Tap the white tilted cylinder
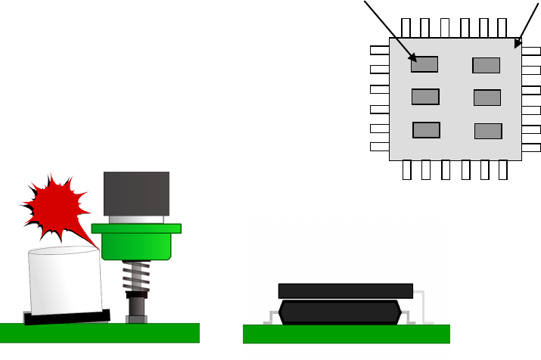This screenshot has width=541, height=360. point(65,280)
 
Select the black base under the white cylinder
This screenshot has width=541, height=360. point(67,316)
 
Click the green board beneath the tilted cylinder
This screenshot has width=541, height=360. point(99,334)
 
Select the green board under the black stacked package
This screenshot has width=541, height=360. point(346,334)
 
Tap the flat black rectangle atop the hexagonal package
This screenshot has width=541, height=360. point(346,290)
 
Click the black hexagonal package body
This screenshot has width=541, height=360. point(340,312)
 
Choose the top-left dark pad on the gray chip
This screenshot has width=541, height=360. point(424,64)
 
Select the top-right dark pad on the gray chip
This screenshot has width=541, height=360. point(486,66)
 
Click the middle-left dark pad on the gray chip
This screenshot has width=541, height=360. point(425,97)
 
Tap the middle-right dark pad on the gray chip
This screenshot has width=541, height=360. point(487,98)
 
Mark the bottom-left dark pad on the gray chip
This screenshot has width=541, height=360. point(426,129)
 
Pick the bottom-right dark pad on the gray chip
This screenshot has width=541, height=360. point(487,131)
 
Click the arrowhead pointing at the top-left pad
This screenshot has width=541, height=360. point(412,57)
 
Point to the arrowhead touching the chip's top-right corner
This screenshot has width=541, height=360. point(518,44)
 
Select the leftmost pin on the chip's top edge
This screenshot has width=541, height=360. point(406,28)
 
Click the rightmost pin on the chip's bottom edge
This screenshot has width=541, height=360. point(505,170)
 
